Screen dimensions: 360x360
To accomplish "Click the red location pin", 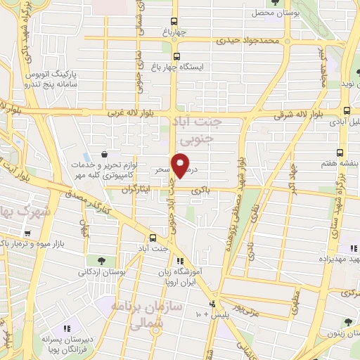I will click(181, 165).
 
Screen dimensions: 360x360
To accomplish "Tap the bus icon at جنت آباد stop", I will click(154, 238).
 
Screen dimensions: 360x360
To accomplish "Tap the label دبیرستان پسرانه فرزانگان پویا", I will click(64, 342).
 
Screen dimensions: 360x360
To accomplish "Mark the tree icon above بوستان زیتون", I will click(347, 322).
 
